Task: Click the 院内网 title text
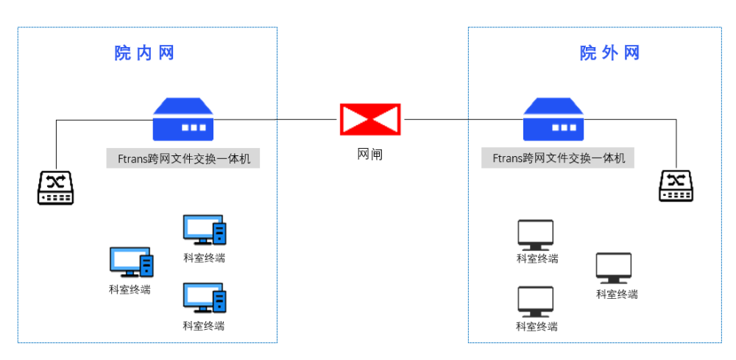point(144,53)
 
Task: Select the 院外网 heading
point(609,53)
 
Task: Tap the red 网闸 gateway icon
point(369,119)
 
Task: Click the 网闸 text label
point(369,155)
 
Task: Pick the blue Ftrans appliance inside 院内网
point(183,120)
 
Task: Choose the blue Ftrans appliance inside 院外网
point(553,120)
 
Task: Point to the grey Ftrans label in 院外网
point(559,158)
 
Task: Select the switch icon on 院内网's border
point(55,188)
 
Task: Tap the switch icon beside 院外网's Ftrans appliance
point(676,186)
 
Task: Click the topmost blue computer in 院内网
point(204,230)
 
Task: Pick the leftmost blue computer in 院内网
point(131,262)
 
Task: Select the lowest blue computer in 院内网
point(204,298)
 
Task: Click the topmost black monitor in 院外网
point(535,235)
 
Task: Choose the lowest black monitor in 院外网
point(535,302)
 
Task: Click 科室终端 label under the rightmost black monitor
point(617,294)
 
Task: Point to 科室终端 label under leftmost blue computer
point(130,289)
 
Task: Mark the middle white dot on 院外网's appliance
point(564,127)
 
